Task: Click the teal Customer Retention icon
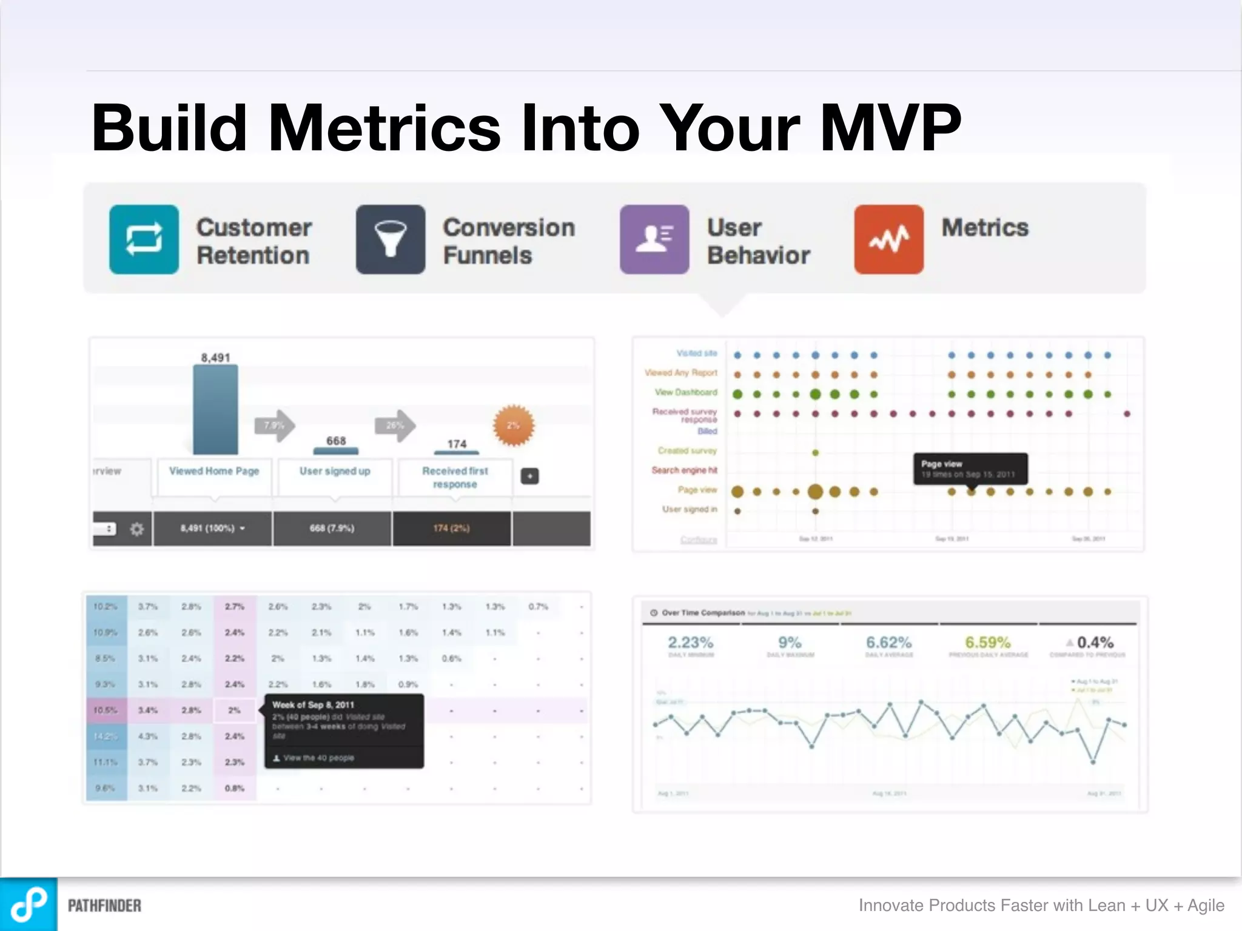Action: tap(144, 239)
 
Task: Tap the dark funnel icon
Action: tap(390, 239)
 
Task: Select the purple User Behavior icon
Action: tap(654, 239)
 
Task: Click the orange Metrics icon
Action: tap(888, 239)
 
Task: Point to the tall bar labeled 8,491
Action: tap(215, 409)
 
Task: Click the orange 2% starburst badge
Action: tap(513, 425)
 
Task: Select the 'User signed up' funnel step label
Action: tap(335, 471)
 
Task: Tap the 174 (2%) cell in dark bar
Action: tap(451, 529)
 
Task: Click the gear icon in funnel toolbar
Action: tap(137, 529)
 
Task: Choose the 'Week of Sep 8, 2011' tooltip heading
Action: tap(313, 705)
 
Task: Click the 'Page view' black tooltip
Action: tap(970, 469)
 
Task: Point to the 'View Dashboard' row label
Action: tap(686, 392)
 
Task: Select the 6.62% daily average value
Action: tap(888, 642)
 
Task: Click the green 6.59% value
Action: tap(987, 642)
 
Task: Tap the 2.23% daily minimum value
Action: tap(690, 642)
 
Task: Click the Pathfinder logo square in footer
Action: tap(29, 904)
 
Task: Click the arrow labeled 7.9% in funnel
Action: tap(275, 425)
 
